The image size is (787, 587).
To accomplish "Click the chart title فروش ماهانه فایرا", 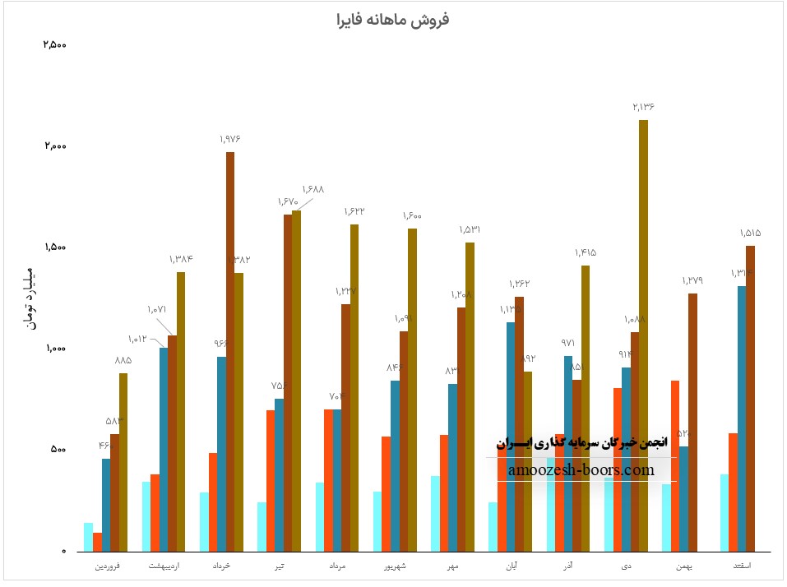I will pyautogui.click(x=393, y=19).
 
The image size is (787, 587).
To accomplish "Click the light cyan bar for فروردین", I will pyautogui.click(x=88, y=537).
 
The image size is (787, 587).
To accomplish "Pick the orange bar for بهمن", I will pyautogui.click(x=675, y=465).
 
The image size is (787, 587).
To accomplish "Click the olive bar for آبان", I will pyautogui.click(x=528, y=460).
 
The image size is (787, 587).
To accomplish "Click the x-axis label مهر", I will pyautogui.click(x=452, y=566).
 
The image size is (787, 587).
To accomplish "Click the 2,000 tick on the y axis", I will pyautogui.click(x=55, y=146).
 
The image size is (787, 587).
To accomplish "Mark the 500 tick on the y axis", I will pyautogui.click(x=58, y=450).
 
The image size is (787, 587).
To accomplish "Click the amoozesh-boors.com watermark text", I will pyautogui.click(x=581, y=470).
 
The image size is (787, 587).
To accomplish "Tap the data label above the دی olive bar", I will pyautogui.click(x=643, y=107).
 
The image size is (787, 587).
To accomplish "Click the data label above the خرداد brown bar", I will pyautogui.click(x=230, y=139).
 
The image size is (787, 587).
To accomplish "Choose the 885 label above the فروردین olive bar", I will pyautogui.click(x=123, y=360).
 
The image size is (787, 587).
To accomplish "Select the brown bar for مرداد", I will pyautogui.click(x=346, y=428).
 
